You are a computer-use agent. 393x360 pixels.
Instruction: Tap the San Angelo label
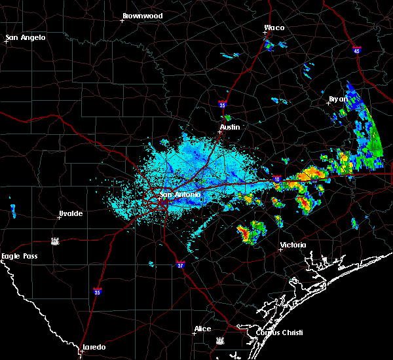[26, 37]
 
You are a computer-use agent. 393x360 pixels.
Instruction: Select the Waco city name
[274, 28]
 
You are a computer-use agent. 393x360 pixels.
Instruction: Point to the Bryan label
[338, 99]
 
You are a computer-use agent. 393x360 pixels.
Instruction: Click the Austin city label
[230, 127]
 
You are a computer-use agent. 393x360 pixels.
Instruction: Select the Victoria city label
[293, 245]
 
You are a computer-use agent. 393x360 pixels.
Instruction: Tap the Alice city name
[202, 329]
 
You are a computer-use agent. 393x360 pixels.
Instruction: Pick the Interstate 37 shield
[181, 265]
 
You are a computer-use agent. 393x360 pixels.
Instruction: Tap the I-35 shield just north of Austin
[223, 104]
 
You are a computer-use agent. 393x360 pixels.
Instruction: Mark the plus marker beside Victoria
[280, 249]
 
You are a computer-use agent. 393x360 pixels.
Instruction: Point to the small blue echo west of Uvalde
[13, 210]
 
